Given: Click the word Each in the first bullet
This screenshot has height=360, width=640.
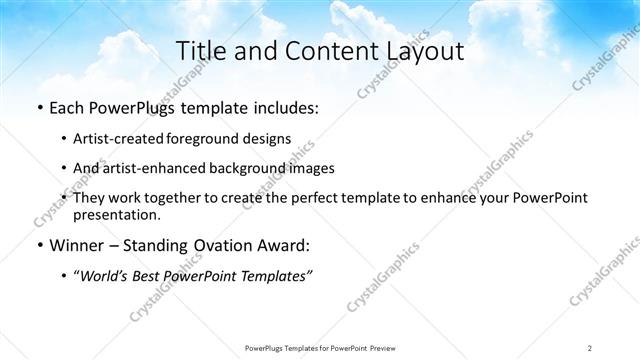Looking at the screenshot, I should pos(68,108).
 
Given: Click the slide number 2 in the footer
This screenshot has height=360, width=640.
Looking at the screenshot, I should pos(590,347).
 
